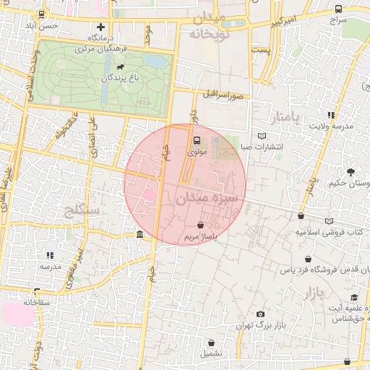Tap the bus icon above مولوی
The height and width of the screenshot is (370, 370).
197,142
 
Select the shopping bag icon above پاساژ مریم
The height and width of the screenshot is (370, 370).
200,226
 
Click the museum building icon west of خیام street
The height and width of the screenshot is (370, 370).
139,234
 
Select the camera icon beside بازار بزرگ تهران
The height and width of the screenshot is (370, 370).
260,314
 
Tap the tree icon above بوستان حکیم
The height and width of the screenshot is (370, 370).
350,172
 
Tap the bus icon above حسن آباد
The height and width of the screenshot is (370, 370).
41,14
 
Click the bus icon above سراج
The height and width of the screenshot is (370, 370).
339,9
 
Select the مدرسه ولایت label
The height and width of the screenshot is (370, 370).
332,126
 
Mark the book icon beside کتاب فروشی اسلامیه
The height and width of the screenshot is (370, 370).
330,221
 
